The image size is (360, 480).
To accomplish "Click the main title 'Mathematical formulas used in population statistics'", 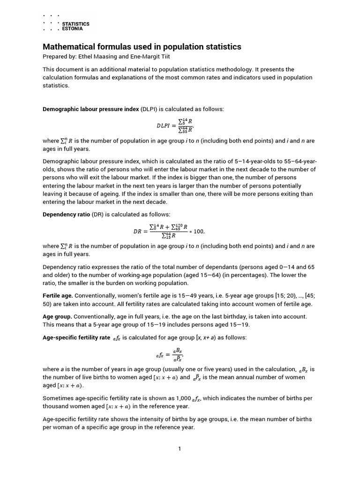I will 142,47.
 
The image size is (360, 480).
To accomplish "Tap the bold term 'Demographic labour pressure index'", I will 91,109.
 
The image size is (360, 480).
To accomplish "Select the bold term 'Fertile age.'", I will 58,296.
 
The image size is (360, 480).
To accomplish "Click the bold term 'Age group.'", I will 57,316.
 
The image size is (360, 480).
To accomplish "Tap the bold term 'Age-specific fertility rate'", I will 76,337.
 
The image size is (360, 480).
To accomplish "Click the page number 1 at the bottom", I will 180,449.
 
